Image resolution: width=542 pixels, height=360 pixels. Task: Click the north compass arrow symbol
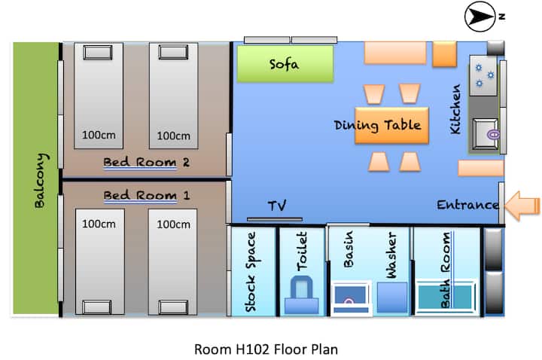click(x=480, y=17)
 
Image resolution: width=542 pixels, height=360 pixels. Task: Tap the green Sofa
click(x=285, y=64)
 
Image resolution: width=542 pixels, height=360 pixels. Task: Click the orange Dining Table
click(x=391, y=125)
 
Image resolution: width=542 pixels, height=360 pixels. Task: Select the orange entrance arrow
click(x=522, y=206)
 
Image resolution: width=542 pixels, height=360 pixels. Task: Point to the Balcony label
click(x=41, y=181)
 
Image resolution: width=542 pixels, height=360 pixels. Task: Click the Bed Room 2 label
click(x=146, y=162)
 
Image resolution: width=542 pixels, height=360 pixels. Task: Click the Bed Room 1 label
click(x=147, y=196)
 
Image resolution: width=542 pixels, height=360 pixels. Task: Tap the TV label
click(x=277, y=206)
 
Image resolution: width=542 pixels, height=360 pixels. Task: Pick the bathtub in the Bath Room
click(x=445, y=297)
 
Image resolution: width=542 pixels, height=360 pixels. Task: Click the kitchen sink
click(x=486, y=134)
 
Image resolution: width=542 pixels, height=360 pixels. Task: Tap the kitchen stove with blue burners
click(x=483, y=75)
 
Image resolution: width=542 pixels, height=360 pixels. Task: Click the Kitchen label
click(x=455, y=109)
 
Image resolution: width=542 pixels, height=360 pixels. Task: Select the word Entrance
click(x=467, y=205)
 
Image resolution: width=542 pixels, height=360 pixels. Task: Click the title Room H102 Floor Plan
click(x=266, y=349)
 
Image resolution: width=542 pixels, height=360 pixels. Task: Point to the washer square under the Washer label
click(x=392, y=297)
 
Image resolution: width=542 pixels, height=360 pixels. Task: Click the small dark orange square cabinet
click(x=445, y=53)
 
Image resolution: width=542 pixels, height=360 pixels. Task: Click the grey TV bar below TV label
click(x=275, y=219)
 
